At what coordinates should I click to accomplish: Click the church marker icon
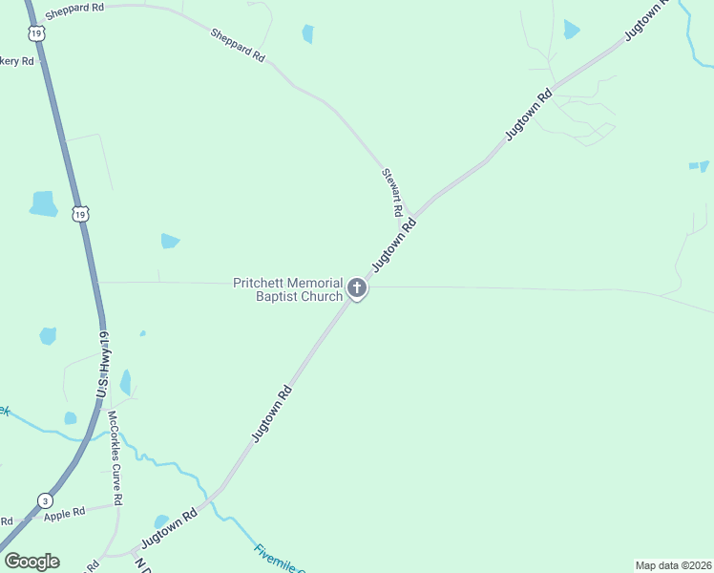coord(357,287)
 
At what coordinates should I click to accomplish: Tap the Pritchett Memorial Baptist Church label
coord(288,289)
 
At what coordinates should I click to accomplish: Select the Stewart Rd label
coord(391,191)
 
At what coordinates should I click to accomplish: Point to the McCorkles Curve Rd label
coord(115,458)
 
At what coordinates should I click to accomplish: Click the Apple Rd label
coord(64,514)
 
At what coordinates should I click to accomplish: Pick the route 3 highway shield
coord(44,500)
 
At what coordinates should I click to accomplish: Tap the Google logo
coord(31,562)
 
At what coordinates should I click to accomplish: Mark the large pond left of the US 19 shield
coord(44,203)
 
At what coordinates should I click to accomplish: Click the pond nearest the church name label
coord(170,241)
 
